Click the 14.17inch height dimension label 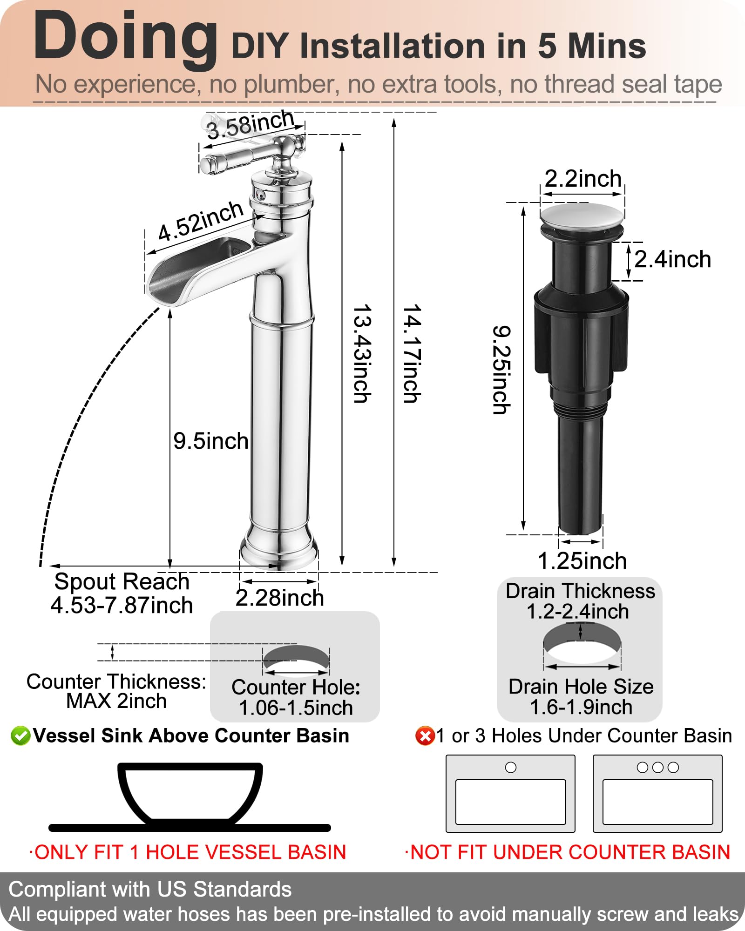[x=412, y=354]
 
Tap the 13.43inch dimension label [x=362, y=354]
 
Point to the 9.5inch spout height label [x=210, y=441]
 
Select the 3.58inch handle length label [x=251, y=124]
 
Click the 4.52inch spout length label [x=201, y=221]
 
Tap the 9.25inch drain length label [x=502, y=370]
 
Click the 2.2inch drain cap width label [x=583, y=179]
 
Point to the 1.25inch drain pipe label [x=582, y=561]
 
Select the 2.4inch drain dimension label [x=672, y=259]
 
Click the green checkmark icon [x=20, y=736]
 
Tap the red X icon [x=425, y=736]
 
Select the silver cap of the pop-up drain [x=582, y=216]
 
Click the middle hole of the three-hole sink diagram [x=657, y=768]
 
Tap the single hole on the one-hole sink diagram [x=511, y=768]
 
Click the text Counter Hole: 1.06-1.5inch [x=296, y=697]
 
